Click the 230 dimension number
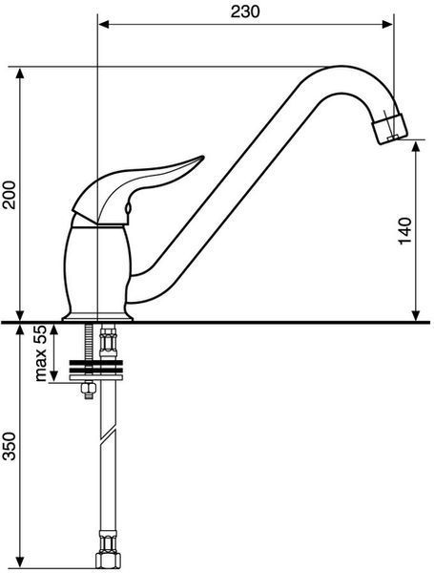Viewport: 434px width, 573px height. (x=245, y=11)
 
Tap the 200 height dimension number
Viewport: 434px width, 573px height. (x=9, y=195)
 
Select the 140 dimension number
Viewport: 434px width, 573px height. (x=404, y=231)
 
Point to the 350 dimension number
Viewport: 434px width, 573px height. (x=9, y=446)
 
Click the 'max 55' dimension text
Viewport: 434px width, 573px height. (x=41, y=353)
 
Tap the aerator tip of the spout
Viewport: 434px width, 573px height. (x=389, y=128)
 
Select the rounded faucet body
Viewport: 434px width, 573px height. (x=97, y=269)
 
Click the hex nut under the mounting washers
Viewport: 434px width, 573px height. (x=89, y=390)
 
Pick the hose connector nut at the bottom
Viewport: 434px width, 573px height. (x=108, y=558)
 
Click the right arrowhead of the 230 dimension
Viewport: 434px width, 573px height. (x=387, y=24)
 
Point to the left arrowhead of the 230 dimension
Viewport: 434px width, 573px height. (x=105, y=24)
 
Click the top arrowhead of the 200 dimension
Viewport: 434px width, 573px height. (x=20, y=74)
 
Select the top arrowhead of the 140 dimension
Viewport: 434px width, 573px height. (x=416, y=147)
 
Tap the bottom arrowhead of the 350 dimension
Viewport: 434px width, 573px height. (x=20, y=562)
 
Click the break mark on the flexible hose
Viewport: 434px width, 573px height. (x=109, y=435)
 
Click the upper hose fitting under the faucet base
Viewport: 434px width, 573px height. (x=109, y=340)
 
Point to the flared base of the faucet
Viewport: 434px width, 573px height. (x=97, y=317)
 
